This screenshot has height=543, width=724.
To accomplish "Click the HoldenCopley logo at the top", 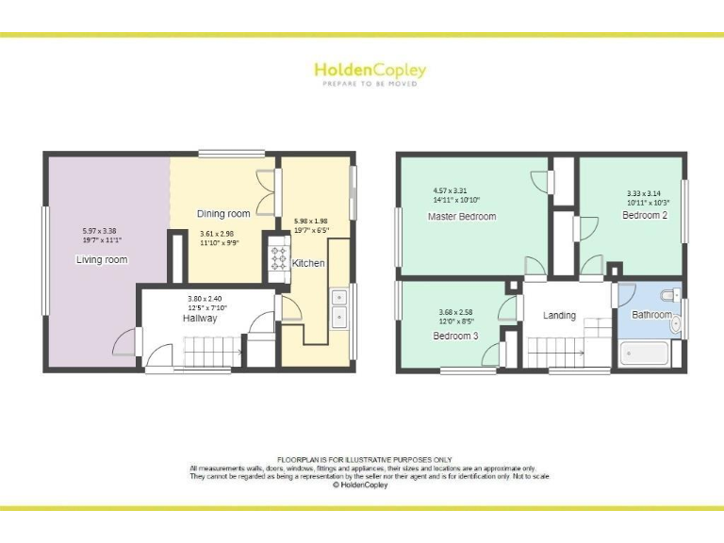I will pyautogui.click(x=370, y=72).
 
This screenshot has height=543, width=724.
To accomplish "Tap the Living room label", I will pyautogui.click(x=102, y=259).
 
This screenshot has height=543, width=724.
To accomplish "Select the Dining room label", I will pyautogui.click(x=223, y=214).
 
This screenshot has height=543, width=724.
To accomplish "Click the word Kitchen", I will pyautogui.click(x=308, y=263).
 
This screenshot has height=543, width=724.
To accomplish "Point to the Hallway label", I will pyautogui.click(x=200, y=319).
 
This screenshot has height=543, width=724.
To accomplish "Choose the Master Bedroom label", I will pyautogui.click(x=461, y=217).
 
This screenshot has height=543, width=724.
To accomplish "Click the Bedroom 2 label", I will pyautogui.click(x=645, y=215).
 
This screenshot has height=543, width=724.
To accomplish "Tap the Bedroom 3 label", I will pyautogui.click(x=455, y=336).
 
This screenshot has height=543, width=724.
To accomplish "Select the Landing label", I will pyautogui.click(x=559, y=316).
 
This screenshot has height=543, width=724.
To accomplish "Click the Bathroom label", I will pyautogui.click(x=651, y=315).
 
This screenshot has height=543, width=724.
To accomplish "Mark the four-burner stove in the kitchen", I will pyautogui.click(x=279, y=257).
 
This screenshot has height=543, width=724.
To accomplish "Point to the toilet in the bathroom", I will pyautogui.click(x=670, y=293).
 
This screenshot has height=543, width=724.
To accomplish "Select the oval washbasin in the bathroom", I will pyautogui.click(x=676, y=325).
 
